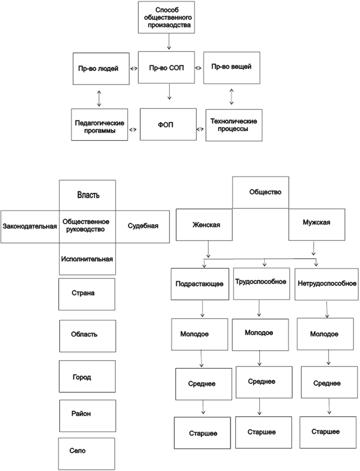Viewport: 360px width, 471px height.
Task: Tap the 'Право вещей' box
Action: click(232, 68)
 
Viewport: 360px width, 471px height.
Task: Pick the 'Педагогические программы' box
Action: click(100, 126)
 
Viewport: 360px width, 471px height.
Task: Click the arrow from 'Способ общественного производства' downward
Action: click(168, 41)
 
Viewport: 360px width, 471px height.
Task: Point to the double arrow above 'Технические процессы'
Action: click(232, 96)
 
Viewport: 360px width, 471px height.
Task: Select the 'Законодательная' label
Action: click(30, 226)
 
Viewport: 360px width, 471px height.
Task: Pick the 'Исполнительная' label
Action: click(88, 259)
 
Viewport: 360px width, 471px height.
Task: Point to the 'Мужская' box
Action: click(317, 224)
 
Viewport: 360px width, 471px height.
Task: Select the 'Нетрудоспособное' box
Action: click(326, 283)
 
